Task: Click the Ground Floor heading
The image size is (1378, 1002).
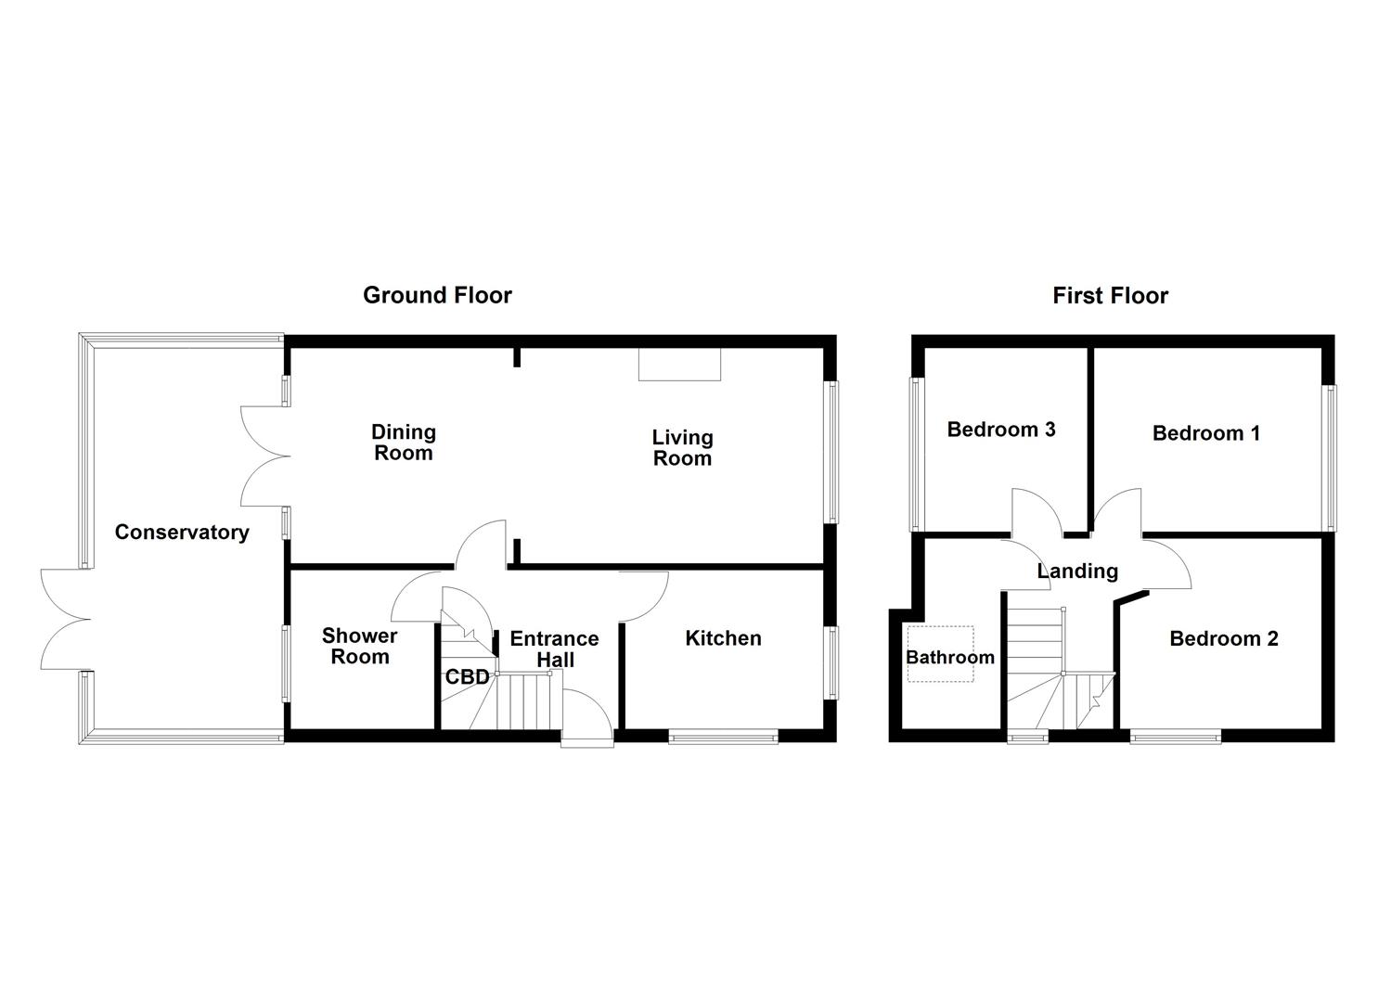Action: pyautogui.click(x=437, y=295)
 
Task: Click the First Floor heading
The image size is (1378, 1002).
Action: pyautogui.click(x=1110, y=296)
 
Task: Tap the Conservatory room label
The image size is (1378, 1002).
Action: pyautogui.click(x=182, y=532)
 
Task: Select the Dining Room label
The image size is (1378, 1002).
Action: pyautogui.click(x=403, y=443)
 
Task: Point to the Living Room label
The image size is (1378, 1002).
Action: pyautogui.click(x=682, y=447)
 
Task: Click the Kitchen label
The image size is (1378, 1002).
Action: pyautogui.click(x=723, y=638)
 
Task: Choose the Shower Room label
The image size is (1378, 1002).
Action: pyautogui.click(x=360, y=646)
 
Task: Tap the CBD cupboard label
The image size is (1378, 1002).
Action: pyautogui.click(x=467, y=677)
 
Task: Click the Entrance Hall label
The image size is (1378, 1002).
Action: pyautogui.click(x=554, y=649)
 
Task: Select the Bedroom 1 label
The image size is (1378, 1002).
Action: pyautogui.click(x=1206, y=433)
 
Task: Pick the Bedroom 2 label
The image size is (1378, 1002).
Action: pyautogui.click(x=1223, y=638)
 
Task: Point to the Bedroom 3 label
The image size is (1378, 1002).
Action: pyautogui.click(x=1001, y=430)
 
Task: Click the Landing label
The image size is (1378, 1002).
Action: pyautogui.click(x=1077, y=571)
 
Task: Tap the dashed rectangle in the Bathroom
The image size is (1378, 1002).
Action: pyautogui.click(x=940, y=654)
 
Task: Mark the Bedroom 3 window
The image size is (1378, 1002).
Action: pyautogui.click(x=916, y=456)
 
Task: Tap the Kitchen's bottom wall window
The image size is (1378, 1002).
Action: pyautogui.click(x=723, y=738)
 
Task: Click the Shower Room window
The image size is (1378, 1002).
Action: pyautogui.click(x=286, y=663)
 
